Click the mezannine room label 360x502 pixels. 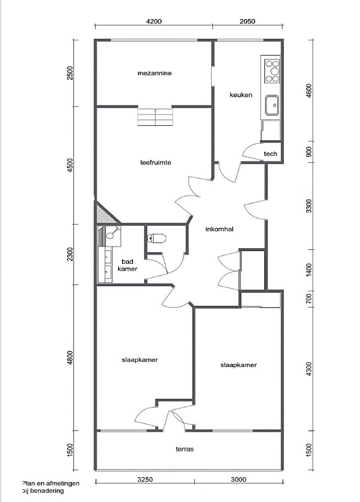154,73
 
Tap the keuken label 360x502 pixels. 241,95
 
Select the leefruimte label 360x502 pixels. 156,163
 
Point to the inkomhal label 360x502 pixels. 219,229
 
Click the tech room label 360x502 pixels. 270,154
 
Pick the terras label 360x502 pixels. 185,449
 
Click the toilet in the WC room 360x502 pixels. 157,238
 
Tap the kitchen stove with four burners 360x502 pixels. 272,71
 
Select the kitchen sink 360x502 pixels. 272,105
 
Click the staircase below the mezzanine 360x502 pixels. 156,117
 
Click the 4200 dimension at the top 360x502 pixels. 154,21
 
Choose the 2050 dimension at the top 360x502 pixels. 247,21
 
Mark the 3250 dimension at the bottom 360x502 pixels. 145,479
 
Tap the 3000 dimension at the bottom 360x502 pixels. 239,479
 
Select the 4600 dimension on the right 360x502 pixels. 309,92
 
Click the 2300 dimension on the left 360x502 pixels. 70,254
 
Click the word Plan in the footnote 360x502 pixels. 28,483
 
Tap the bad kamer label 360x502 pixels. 128,266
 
